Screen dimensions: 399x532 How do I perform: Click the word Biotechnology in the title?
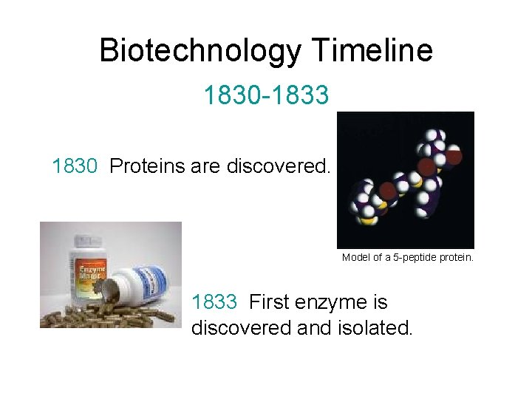point(200,51)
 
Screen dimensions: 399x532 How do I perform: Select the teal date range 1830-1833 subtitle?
point(266,95)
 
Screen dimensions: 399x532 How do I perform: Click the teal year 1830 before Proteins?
point(75,166)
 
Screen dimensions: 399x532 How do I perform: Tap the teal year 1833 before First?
point(214,302)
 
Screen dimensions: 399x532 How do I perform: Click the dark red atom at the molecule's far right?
point(454,156)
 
